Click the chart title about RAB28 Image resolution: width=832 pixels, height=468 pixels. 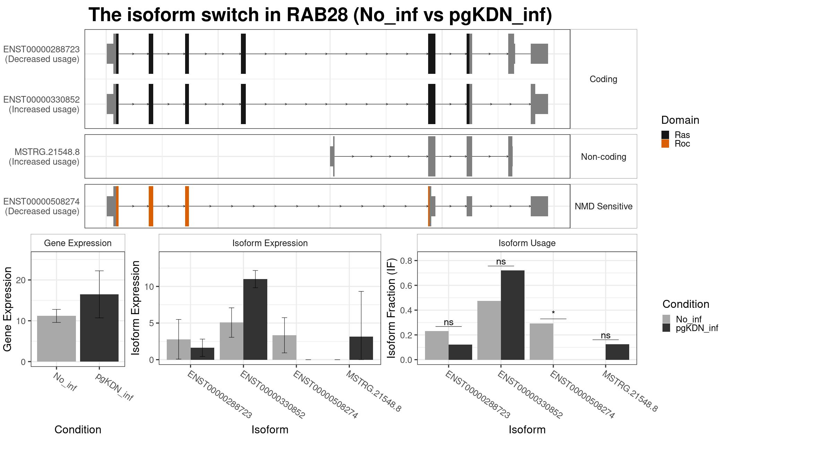pos(320,15)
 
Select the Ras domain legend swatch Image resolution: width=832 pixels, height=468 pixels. pos(665,135)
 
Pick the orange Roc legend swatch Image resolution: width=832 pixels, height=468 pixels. pos(665,144)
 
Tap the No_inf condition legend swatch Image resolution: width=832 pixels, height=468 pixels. pos(666,319)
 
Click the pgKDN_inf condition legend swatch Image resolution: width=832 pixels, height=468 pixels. pos(666,328)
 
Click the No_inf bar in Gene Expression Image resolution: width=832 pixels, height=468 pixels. pos(57,339)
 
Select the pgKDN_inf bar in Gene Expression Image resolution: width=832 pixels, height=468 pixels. pos(99,328)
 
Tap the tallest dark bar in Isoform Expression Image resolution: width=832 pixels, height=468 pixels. pos(255,319)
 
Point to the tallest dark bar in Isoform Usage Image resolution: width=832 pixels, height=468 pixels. pos(513,315)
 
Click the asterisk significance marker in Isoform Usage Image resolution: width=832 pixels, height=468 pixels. pos(553,313)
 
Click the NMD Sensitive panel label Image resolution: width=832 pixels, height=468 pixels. pos(604,206)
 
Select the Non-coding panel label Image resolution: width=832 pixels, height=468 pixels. pos(604,157)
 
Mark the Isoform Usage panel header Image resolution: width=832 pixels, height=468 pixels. pos(527,243)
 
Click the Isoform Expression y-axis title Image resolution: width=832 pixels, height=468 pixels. pos(136,308)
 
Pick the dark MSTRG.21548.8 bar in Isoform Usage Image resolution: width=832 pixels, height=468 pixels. pos(617,352)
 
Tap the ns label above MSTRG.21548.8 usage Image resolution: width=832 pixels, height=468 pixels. pos(606,335)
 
